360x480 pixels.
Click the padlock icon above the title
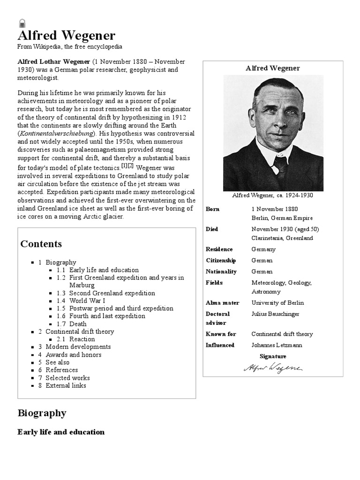point(22,23)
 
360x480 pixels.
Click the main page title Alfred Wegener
point(66,36)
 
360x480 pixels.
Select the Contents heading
point(41,244)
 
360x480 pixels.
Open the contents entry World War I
point(88,301)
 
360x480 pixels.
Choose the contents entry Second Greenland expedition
point(112,293)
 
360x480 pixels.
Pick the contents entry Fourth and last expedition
point(107,316)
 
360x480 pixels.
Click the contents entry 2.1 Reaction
point(82,339)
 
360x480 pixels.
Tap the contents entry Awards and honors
point(74,355)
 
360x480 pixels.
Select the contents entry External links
point(66,385)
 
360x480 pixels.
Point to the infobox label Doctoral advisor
point(217,318)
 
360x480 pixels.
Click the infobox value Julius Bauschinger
point(275,314)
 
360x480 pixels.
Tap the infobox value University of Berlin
point(277,303)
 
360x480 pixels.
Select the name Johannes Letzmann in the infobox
point(277,345)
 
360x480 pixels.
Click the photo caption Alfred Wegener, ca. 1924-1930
point(272,195)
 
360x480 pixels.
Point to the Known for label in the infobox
point(221,334)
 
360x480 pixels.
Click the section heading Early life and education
point(61,432)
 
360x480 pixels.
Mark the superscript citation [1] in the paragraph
point(124,165)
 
